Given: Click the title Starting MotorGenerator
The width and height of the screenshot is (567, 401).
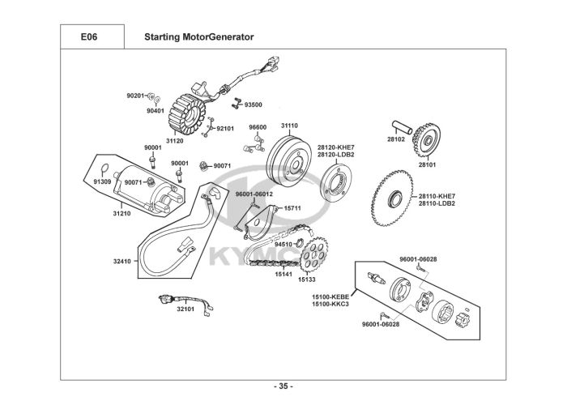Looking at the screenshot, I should click(x=198, y=37).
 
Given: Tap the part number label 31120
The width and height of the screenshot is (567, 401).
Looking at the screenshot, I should click(x=174, y=140).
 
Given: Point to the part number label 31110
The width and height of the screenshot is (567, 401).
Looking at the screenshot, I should click(x=289, y=126).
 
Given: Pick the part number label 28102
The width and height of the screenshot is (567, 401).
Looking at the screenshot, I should click(x=395, y=139).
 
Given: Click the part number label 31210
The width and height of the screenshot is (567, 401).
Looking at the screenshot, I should click(x=121, y=213).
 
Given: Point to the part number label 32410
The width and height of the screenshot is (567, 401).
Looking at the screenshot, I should click(x=122, y=261).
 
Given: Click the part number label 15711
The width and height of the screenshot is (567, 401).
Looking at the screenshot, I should click(x=292, y=208).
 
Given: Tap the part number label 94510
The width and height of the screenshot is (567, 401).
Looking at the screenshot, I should click(x=283, y=244).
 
